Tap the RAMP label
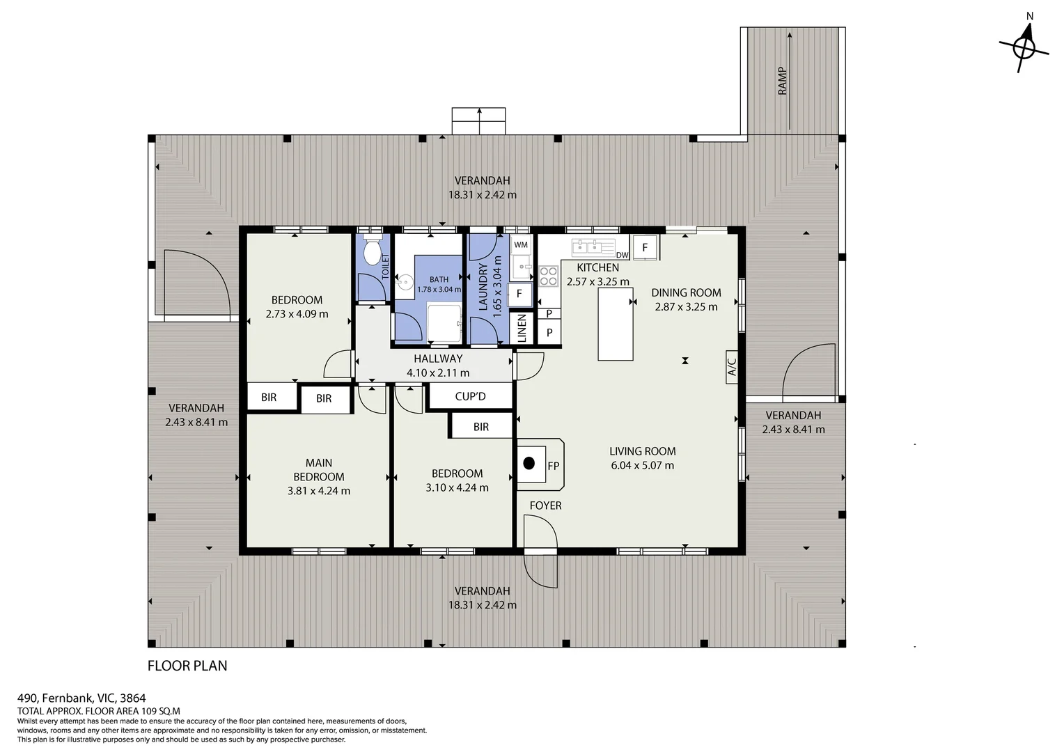click(x=782, y=81)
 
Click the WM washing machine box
click(x=521, y=245)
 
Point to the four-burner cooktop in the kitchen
click(x=549, y=276)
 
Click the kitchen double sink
click(x=587, y=247)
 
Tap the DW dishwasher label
click(x=623, y=255)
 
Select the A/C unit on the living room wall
click(x=732, y=367)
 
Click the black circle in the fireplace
click(x=529, y=463)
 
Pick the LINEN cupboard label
click(x=522, y=328)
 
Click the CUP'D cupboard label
click(x=470, y=396)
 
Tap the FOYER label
click(x=545, y=506)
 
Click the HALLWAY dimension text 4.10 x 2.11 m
click(x=438, y=373)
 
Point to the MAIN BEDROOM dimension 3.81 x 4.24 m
click(x=319, y=491)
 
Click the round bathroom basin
click(x=405, y=281)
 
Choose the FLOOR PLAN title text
click(x=187, y=666)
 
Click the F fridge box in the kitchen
click(x=645, y=247)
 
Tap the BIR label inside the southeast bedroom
click(x=481, y=427)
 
